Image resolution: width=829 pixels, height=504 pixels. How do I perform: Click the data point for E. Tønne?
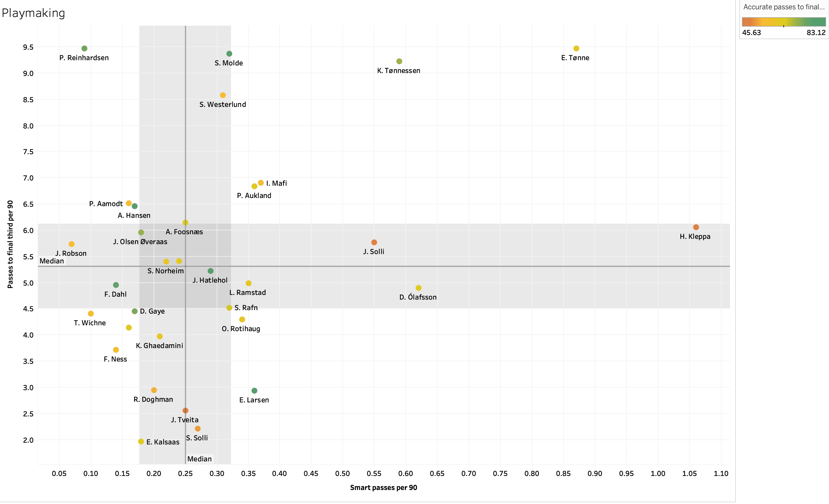[576, 48]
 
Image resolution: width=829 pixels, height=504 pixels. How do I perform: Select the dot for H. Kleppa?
[696, 227]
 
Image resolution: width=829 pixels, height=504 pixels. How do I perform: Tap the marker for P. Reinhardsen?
[84, 48]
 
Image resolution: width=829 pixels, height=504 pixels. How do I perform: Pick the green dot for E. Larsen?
[254, 391]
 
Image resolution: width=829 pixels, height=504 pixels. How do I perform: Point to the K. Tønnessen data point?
[399, 61]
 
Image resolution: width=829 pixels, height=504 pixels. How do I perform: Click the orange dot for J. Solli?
[374, 242]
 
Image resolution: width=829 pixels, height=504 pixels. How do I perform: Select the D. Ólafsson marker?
[418, 288]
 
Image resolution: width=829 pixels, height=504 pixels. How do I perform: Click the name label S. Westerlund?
[222, 105]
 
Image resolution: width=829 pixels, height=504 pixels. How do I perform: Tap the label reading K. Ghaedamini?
[159, 346]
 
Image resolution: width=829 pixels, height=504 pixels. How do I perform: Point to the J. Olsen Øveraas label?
[140, 242]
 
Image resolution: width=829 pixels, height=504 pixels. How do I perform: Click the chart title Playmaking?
[33, 13]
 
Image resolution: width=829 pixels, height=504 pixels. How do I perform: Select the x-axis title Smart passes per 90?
[383, 488]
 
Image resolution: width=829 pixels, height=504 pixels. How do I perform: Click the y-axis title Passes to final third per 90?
[10, 244]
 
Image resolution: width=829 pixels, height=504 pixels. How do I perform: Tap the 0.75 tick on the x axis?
[500, 474]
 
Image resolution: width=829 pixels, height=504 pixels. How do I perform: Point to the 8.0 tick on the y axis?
[28, 126]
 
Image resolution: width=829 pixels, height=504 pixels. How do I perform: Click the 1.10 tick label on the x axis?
[721, 474]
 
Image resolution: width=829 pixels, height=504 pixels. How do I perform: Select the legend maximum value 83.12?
[816, 33]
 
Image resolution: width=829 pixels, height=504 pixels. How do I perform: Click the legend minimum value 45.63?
[751, 33]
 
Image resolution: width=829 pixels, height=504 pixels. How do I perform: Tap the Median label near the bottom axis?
[199, 459]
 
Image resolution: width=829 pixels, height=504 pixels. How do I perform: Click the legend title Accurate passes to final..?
[784, 7]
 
